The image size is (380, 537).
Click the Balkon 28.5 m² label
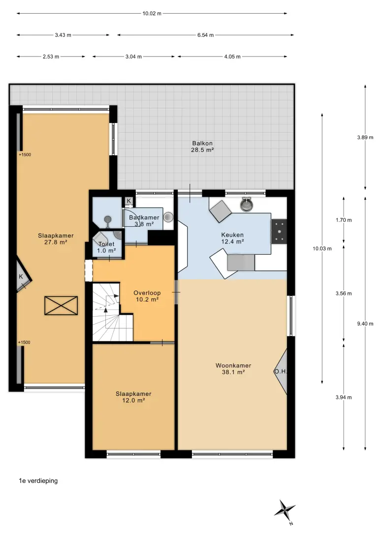[x=202, y=147]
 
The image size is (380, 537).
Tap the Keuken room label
[x=232, y=238]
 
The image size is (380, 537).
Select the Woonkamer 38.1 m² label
[x=233, y=369]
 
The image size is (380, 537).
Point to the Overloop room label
[x=147, y=296]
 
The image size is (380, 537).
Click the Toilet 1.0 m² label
[x=106, y=247]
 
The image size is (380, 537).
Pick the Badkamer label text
[x=144, y=217]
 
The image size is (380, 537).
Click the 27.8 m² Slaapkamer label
[x=56, y=239]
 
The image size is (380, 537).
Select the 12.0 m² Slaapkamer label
[x=133, y=397]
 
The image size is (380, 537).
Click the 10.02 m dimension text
[x=152, y=14]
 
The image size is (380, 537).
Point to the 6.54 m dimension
[x=205, y=35]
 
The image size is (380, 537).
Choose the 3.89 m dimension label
[x=365, y=137]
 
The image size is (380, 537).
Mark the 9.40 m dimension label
[x=365, y=324]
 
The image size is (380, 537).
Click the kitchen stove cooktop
[x=279, y=232]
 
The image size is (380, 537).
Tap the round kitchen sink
[x=247, y=205]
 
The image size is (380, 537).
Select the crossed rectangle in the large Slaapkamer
[x=61, y=305]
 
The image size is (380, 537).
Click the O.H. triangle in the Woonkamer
[x=281, y=372]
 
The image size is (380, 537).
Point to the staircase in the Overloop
[x=112, y=312]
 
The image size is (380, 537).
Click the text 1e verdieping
[x=38, y=481]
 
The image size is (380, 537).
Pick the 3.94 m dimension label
[x=344, y=397]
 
